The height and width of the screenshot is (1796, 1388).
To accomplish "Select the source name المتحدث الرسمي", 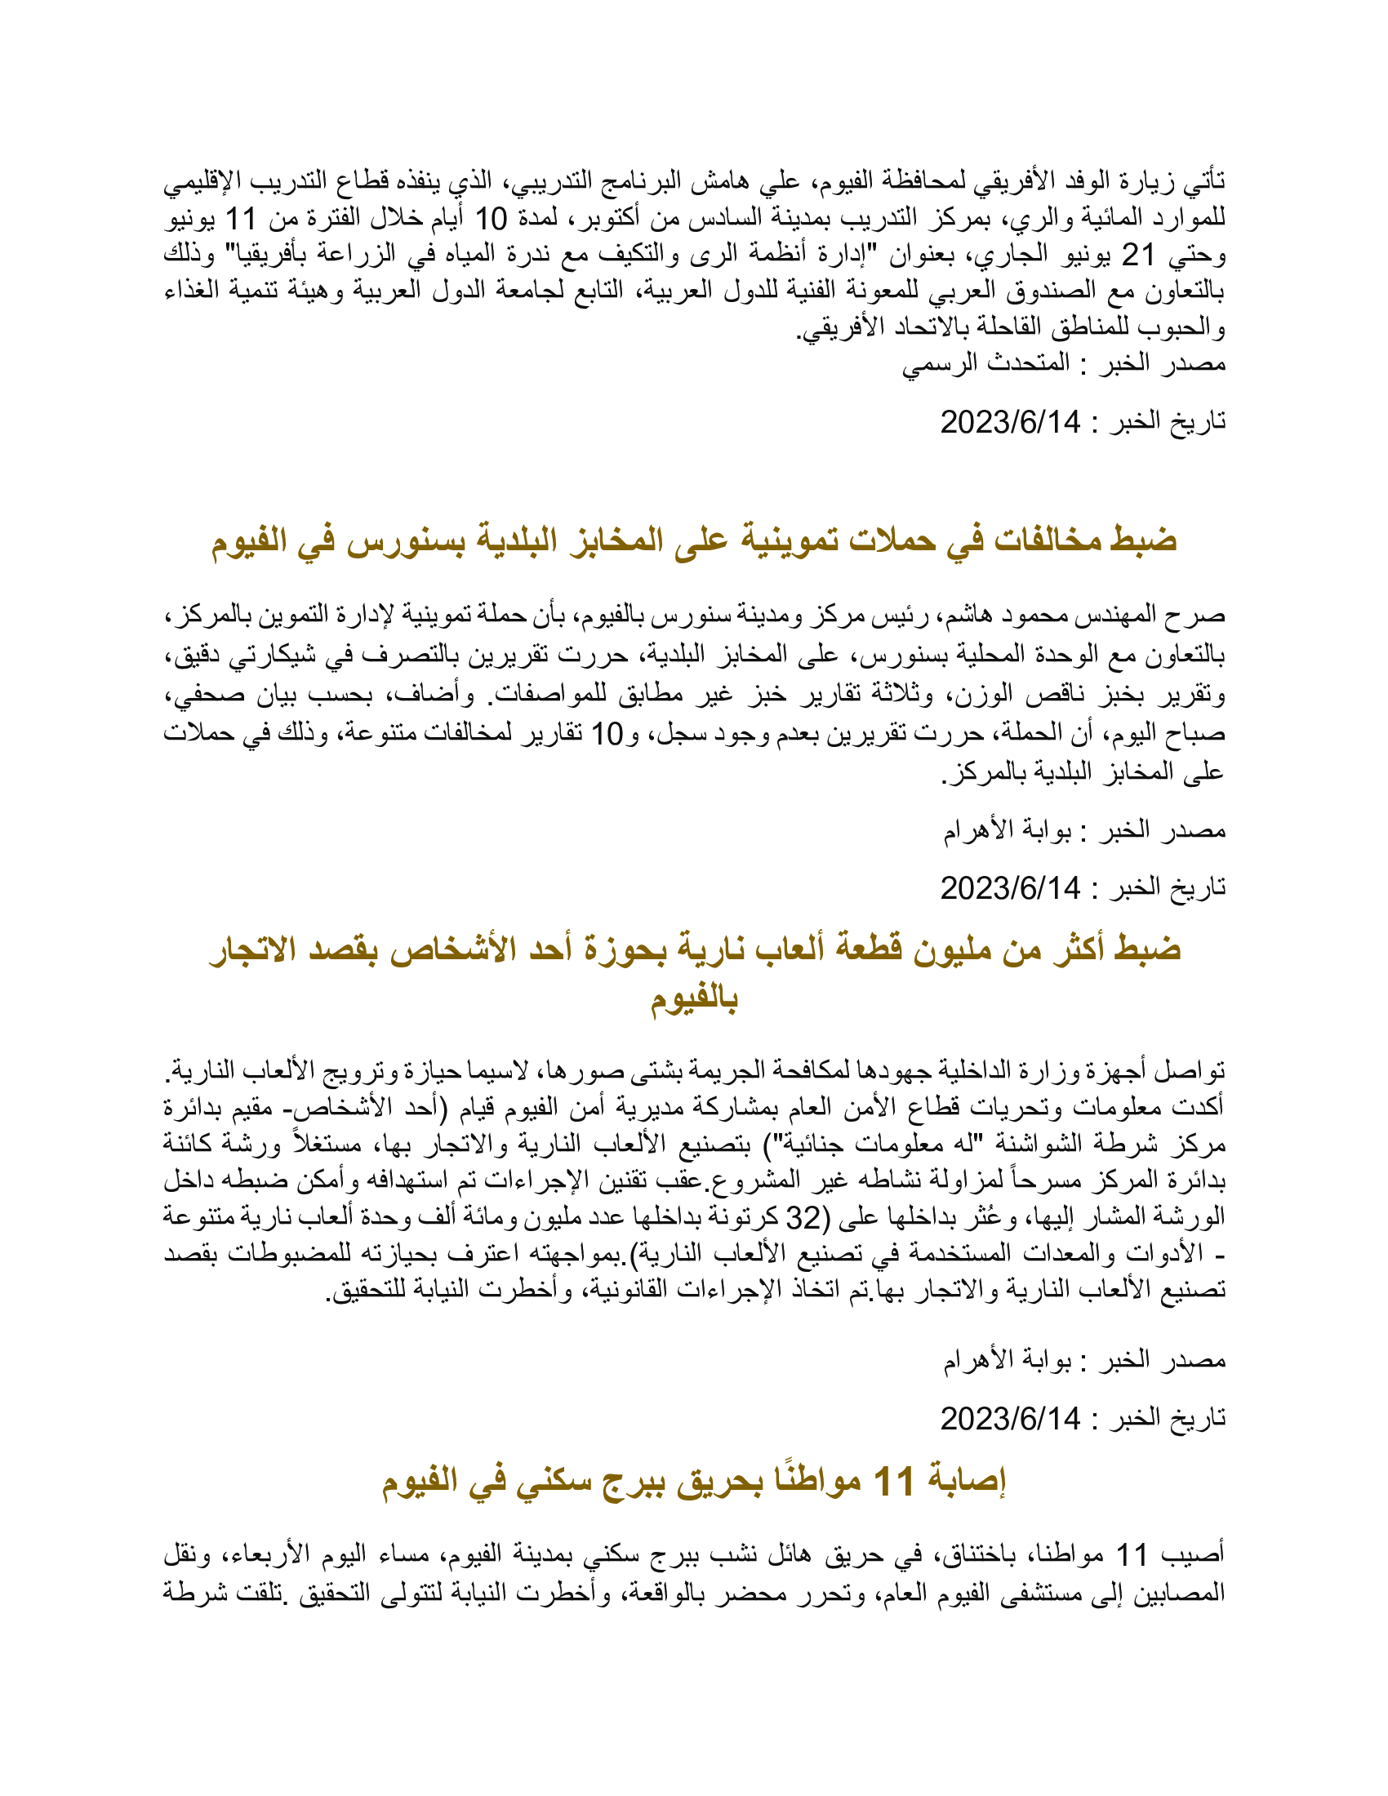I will tap(986, 362).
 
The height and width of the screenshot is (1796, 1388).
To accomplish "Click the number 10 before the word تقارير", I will tap(607, 734).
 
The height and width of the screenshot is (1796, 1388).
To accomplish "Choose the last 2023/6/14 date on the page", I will tap(1010, 1419).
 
